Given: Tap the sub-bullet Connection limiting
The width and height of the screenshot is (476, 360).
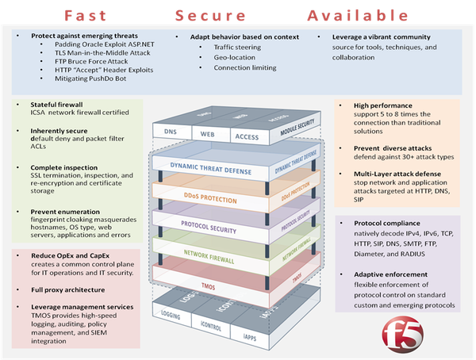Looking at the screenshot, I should (x=232, y=68).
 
